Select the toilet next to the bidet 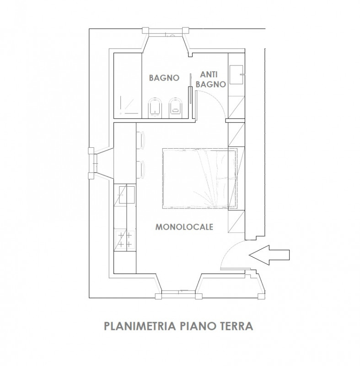pos(176,107)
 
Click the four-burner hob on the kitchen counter pos(125,240)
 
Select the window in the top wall pos(167,34)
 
